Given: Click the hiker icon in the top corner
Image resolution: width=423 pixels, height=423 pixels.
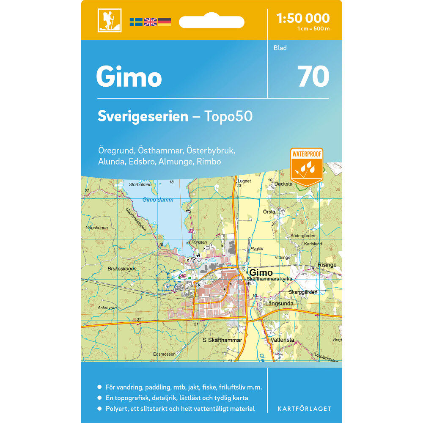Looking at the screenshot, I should pyautogui.click(x=109, y=20).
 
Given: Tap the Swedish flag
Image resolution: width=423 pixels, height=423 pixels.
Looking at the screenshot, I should pyautogui.click(x=136, y=22).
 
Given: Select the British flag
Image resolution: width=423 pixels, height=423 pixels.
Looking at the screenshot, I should pyautogui.click(x=150, y=22).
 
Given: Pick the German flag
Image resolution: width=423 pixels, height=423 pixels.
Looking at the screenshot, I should pyautogui.click(x=165, y=22).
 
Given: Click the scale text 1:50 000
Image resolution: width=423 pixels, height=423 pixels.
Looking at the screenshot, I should pyautogui.click(x=302, y=18).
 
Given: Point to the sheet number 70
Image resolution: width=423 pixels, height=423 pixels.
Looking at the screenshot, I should pyautogui.click(x=313, y=77).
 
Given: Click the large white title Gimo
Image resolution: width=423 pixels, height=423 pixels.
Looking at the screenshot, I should pyautogui.click(x=129, y=77).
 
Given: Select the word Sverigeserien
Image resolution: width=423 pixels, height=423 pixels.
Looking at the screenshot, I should pyautogui.click(x=143, y=116).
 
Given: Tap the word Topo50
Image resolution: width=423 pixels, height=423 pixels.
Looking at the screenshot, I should pyautogui.click(x=228, y=116).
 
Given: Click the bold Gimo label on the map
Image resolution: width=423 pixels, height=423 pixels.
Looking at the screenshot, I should pyautogui.click(x=261, y=273).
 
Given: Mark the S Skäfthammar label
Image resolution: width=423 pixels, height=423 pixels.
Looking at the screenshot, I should pyautogui.click(x=222, y=340).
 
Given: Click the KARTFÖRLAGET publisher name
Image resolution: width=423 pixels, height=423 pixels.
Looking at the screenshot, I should pyautogui.click(x=304, y=409).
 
